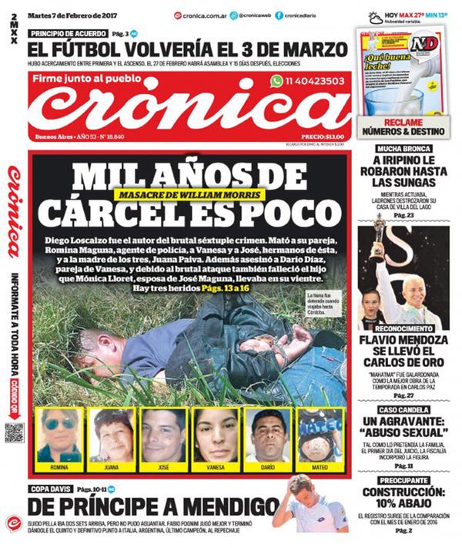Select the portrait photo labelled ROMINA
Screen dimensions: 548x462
[59, 435]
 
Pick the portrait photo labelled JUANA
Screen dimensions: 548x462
[111, 435]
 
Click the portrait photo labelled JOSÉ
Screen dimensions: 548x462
[163, 435]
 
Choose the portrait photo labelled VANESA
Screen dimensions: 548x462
[216, 435]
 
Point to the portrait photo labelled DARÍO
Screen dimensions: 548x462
[267, 435]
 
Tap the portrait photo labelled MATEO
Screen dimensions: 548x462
[320, 435]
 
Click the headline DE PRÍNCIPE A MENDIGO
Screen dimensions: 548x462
[154, 508]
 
